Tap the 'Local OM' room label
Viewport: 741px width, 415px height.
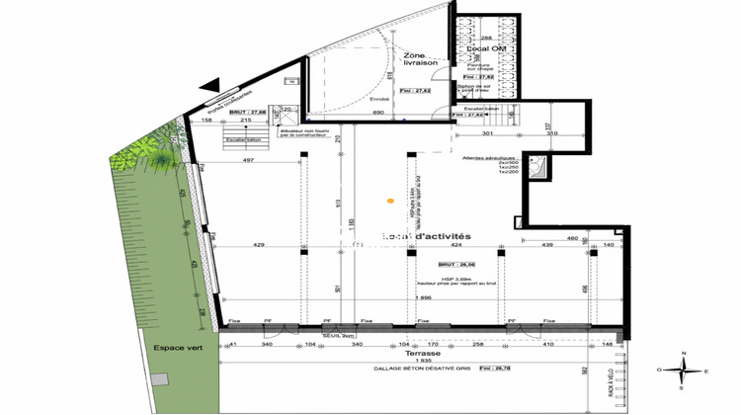click(481, 48)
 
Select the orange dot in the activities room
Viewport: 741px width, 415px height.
click(390, 203)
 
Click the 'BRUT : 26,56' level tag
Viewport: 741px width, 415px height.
click(459, 265)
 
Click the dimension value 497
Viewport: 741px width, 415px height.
click(249, 160)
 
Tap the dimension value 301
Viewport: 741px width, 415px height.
click(488, 133)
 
